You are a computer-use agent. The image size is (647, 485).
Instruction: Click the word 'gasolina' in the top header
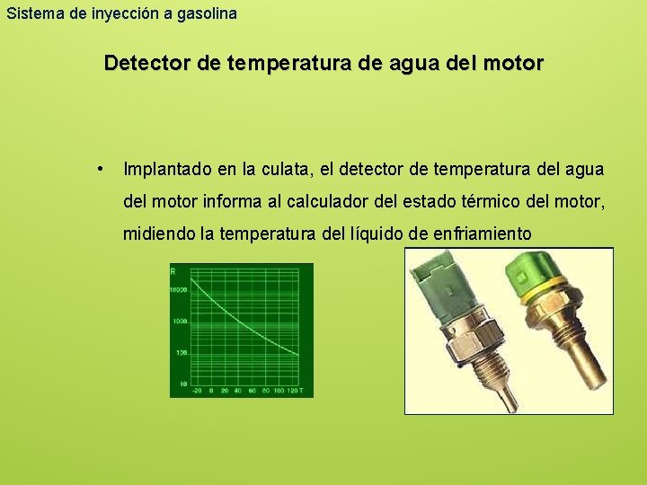(x=208, y=13)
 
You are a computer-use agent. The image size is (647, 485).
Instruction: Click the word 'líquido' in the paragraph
(x=376, y=234)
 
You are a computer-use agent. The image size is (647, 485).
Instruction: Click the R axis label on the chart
(x=173, y=270)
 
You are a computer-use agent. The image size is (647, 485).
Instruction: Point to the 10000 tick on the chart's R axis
(x=178, y=289)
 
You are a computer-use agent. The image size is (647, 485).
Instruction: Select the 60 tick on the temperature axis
(x=253, y=391)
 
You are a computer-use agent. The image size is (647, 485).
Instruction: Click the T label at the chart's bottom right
(x=302, y=391)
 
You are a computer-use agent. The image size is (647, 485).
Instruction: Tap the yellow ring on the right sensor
(x=538, y=295)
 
